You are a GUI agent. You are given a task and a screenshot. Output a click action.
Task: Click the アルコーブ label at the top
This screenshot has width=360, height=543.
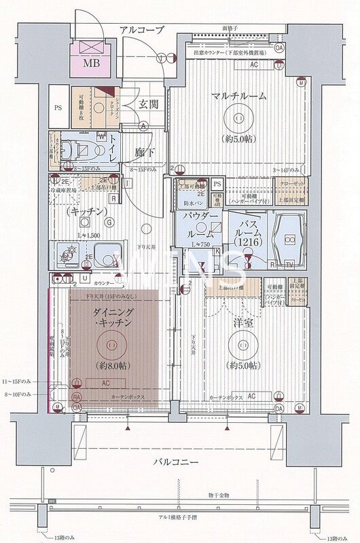pyautogui.click(x=141, y=29)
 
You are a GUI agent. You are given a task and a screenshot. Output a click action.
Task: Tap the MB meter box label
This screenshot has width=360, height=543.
pyautogui.click(x=90, y=64)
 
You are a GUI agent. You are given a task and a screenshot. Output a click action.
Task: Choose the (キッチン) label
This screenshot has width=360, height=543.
pyautogui.click(x=86, y=212)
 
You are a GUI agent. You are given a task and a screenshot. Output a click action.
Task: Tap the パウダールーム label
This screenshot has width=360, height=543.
pyautogui.click(x=199, y=225)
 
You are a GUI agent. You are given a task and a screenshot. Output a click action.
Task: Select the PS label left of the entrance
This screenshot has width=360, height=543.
pyautogui.click(x=58, y=107)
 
